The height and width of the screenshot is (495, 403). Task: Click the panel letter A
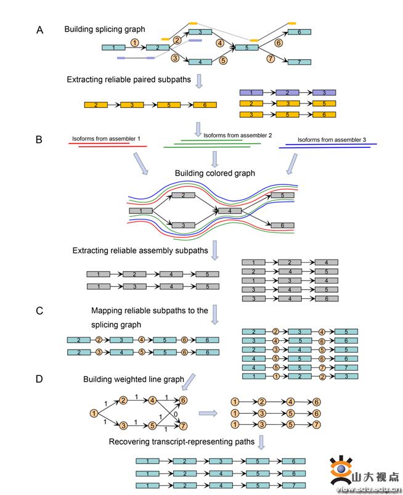[39, 30]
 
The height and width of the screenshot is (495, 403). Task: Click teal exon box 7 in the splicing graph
[299, 62]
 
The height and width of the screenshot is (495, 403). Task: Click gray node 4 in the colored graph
[230, 211]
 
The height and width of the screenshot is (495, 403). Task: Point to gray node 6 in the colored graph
[282, 226]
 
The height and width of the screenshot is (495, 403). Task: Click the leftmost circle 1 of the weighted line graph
[94, 414]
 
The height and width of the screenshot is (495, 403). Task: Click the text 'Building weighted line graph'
[134, 379]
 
